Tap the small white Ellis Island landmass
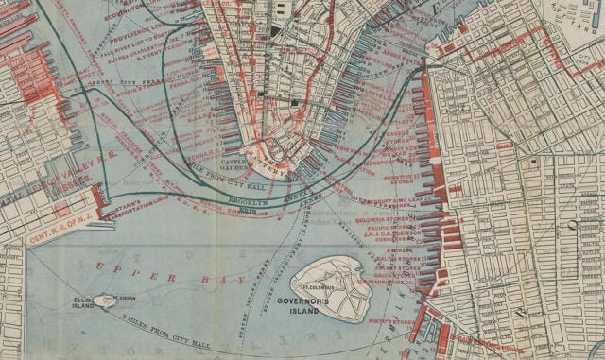pyautogui.click(x=108, y=300)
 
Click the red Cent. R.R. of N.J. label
pyautogui.click(x=59, y=231)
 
